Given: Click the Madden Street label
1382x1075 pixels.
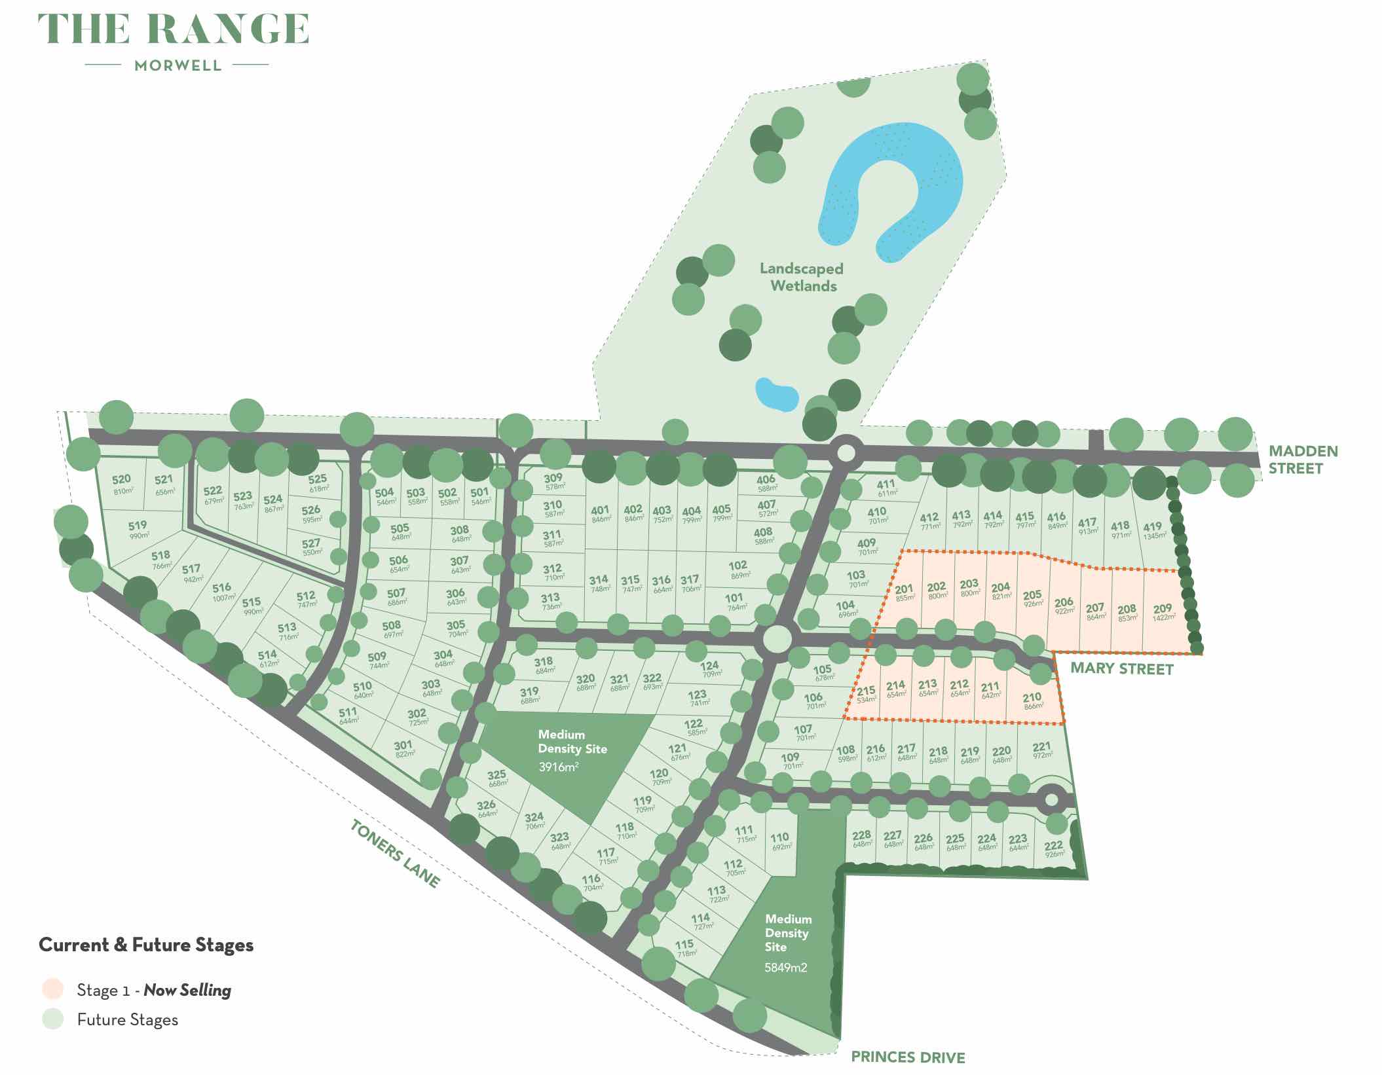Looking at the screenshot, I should coord(1302,460).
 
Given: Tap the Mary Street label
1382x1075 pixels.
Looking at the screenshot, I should coord(1121,668).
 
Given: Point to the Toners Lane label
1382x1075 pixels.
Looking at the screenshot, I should coord(394,853).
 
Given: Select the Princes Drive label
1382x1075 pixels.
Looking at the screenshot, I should coord(908,1057).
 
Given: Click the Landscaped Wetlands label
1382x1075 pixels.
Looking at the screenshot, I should coord(802,277).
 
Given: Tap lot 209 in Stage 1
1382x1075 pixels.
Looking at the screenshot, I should coord(1163,612).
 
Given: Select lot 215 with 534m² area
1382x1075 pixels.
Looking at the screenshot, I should coord(866,694).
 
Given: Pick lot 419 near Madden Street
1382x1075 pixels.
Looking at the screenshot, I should coord(1153,530).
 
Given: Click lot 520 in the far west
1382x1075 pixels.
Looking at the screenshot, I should coord(122,484).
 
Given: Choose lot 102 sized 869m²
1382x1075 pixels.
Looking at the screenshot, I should coord(738,569).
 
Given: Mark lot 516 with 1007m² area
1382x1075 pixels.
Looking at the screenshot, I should coord(222,592).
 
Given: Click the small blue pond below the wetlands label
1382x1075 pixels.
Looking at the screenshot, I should coord(776,393).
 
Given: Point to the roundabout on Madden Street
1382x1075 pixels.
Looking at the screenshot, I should coord(846,452).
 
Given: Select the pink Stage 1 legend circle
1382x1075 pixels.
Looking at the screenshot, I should coord(52,989).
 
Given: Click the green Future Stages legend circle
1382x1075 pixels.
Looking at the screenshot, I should coord(52,1019).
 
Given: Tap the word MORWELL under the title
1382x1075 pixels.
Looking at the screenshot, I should coord(177,65).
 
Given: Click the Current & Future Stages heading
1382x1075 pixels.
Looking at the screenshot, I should coord(146,945).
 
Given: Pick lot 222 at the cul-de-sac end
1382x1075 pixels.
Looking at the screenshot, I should coord(1054,848).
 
